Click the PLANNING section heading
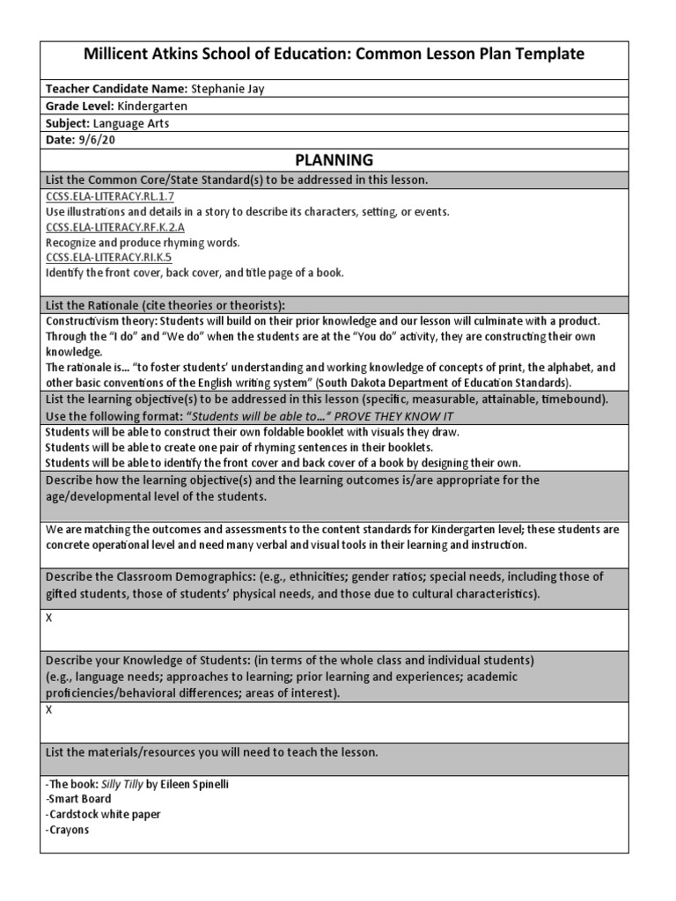coord(334,160)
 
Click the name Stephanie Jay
coord(232,89)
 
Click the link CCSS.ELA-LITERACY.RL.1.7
coord(101,197)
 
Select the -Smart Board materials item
coord(78,799)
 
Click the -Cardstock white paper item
coord(103,814)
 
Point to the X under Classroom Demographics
coord(49,618)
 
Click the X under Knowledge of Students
coord(49,710)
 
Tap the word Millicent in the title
coord(119,55)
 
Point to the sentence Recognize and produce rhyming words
coord(143,242)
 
